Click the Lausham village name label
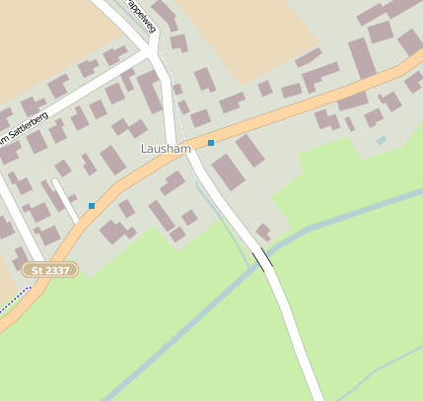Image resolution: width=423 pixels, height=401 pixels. (166, 149)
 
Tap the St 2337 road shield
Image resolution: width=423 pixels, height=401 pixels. (49, 269)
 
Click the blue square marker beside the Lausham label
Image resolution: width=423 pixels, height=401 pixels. (211, 143)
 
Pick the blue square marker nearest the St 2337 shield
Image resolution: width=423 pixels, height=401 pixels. (92, 205)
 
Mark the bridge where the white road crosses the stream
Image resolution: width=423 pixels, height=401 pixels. (262, 260)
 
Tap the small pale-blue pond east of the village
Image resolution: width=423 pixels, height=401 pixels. (382, 141)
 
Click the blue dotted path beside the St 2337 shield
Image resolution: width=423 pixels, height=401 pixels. (15, 293)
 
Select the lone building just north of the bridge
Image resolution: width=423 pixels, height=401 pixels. (263, 233)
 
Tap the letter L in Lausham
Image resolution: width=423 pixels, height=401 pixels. (144, 149)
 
